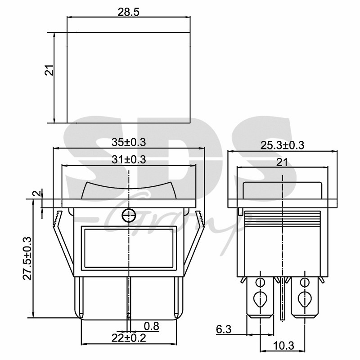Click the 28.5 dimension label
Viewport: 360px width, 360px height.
coord(128,12)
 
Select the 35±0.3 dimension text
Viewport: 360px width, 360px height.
coord(129,142)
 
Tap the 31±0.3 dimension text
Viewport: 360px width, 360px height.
coord(129,160)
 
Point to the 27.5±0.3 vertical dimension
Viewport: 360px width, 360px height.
coord(27,258)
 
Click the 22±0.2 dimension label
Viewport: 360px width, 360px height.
coord(129,338)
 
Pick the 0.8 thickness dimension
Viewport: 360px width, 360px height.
coord(151,326)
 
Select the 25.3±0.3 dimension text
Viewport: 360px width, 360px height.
coord(282,145)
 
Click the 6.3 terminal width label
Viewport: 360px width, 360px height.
coord(224,329)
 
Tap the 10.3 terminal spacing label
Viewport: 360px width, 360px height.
coord(283,346)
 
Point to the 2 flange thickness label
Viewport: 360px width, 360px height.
coord(37,193)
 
